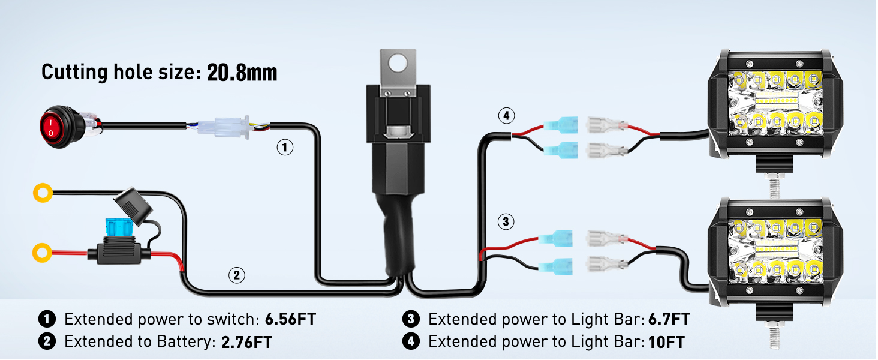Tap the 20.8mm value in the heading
(242, 73)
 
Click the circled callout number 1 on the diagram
(284, 147)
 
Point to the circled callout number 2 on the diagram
(236, 275)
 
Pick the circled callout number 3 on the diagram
(506, 222)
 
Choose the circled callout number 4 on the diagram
(506, 116)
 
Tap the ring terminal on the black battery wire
(43, 193)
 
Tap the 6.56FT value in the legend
(289, 319)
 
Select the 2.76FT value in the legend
(246, 343)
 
